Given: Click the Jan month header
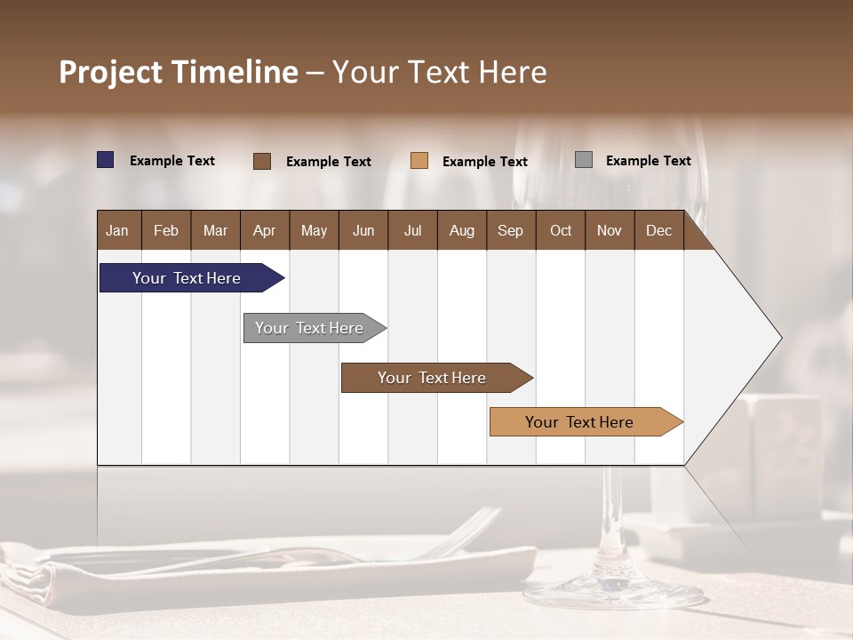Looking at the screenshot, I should [x=117, y=230].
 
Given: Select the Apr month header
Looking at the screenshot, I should [x=264, y=230].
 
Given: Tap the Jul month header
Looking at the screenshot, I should [x=412, y=230].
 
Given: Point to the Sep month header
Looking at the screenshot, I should [x=510, y=230].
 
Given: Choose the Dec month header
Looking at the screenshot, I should [x=658, y=230].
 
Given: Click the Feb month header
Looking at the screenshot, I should [x=166, y=230].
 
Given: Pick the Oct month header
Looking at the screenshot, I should [x=561, y=230].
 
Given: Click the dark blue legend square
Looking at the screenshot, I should [x=106, y=160].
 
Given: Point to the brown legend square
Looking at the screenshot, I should [x=262, y=161].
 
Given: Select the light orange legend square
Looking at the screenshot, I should [x=419, y=161].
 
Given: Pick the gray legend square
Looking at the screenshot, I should [x=584, y=160].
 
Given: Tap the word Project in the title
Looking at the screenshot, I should [x=110, y=72].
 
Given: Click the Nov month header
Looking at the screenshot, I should [x=610, y=230].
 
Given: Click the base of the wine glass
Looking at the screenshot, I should [x=613, y=591].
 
